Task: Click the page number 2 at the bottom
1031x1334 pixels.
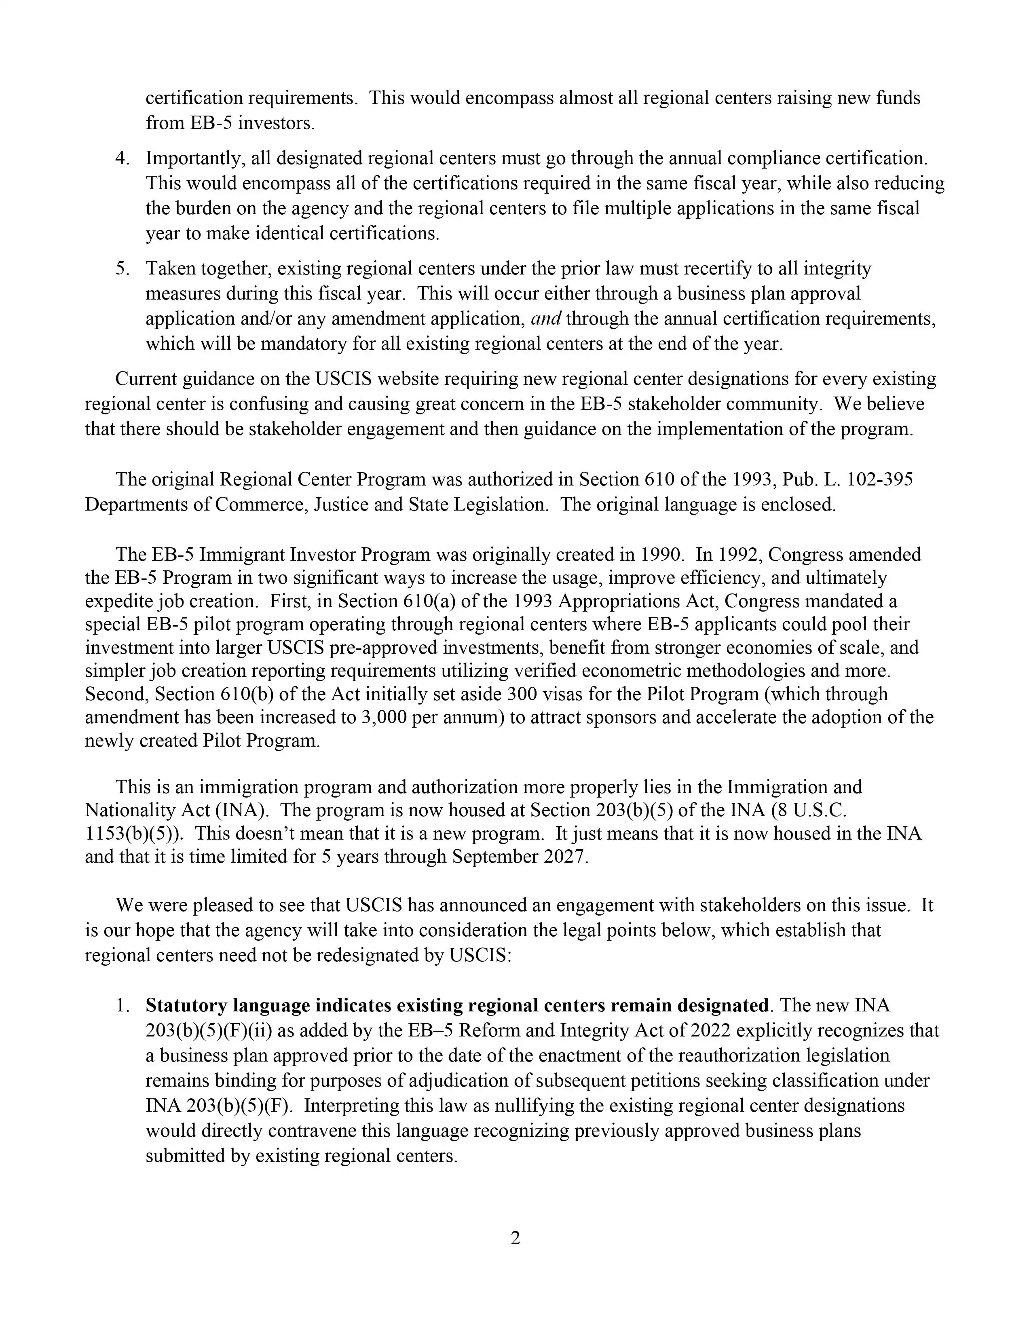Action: (515, 1238)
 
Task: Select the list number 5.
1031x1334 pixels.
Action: (122, 269)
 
